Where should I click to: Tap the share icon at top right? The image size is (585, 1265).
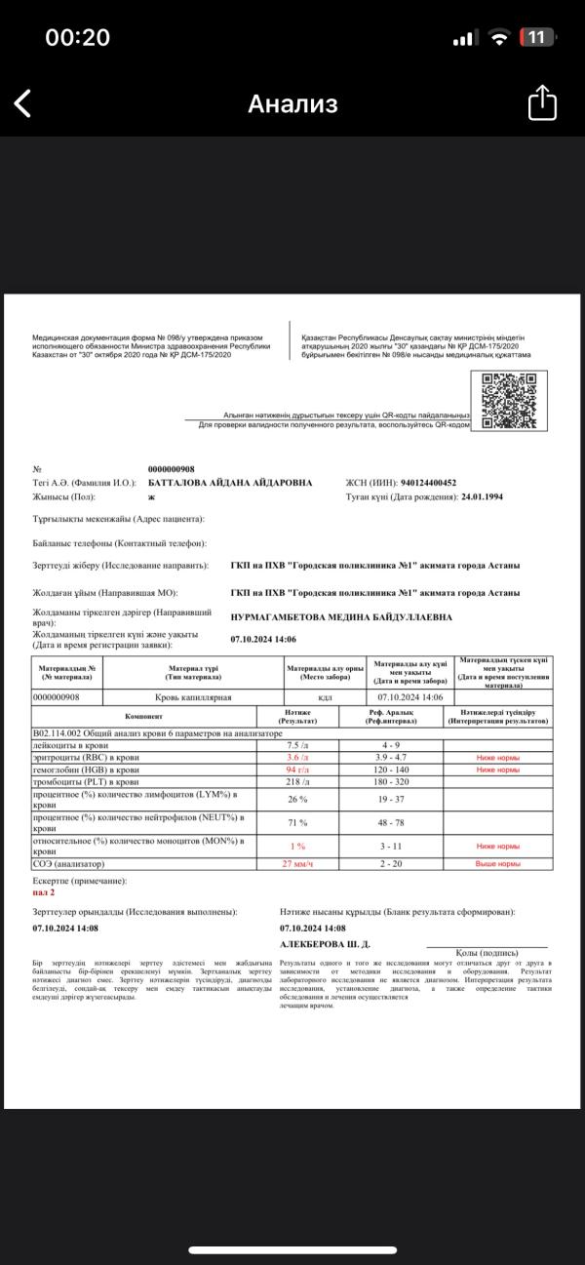(x=542, y=103)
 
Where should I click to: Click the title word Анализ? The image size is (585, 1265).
(x=292, y=104)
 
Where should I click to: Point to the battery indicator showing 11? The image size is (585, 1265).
(x=537, y=38)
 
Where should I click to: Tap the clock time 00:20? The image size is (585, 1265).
(x=77, y=38)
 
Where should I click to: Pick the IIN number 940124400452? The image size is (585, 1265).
(x=415, y=483)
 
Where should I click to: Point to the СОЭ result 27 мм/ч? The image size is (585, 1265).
(x=296, y=863)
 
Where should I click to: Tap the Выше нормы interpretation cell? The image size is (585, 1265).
(x=497, y=863)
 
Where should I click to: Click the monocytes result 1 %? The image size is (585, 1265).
(x=296, y=846)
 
